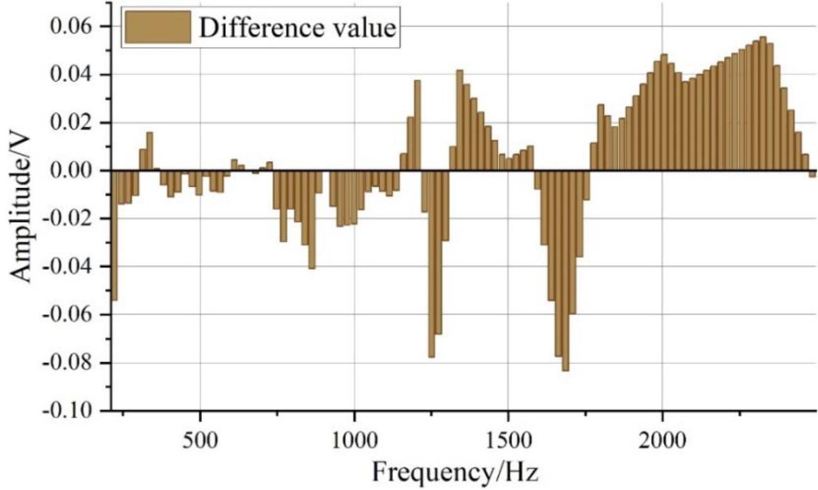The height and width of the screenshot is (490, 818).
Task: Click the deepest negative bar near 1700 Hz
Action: point(566,270)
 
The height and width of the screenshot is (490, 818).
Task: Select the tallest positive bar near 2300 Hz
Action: point(763,104)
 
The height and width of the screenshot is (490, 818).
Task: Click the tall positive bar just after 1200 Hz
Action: point(417,126)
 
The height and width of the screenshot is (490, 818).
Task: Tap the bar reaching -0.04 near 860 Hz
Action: point(311,220)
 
